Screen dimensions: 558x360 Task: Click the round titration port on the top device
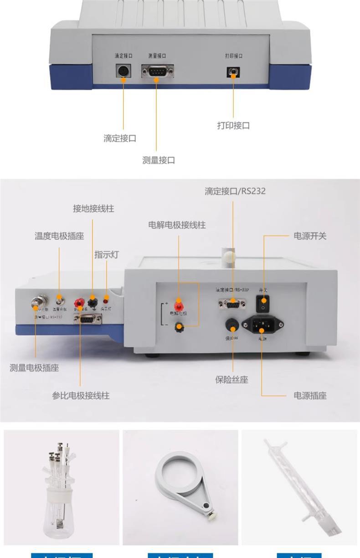(123, 71)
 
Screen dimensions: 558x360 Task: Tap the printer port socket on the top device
(233, 72)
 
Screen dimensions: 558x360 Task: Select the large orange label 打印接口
(233, 125)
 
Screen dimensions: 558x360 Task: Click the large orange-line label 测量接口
(158, 160)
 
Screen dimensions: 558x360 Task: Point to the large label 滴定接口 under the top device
(119, 138)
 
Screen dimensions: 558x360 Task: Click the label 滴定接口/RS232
(235, 191)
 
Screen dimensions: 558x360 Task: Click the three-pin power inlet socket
(262, 325)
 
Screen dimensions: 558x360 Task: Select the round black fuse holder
(232, 325)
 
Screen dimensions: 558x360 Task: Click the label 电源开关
(310, 236)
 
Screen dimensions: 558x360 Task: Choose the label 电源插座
(310, 396)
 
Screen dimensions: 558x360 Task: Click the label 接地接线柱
(93, 209)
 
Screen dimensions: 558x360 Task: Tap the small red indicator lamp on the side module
(106, 300)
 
